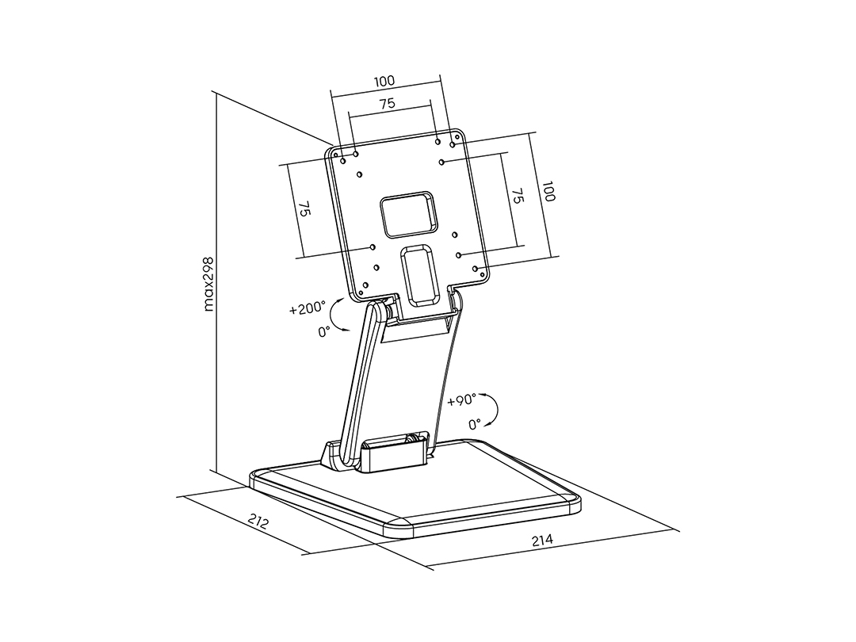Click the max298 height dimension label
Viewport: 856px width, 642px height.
tap(209, 284)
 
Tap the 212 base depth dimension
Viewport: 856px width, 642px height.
tap(258, 522)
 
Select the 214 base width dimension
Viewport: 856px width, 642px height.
tap(542, 541)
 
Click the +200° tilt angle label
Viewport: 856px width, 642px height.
tap(308, 309)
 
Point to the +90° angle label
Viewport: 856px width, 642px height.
tap(461, 400)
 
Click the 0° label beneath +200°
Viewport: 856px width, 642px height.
tap(324, 331)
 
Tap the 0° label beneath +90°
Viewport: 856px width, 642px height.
tap(475, 423)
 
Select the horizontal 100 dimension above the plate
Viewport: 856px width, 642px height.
tap(384, 82)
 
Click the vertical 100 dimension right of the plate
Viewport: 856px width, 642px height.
tap(549, 191)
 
